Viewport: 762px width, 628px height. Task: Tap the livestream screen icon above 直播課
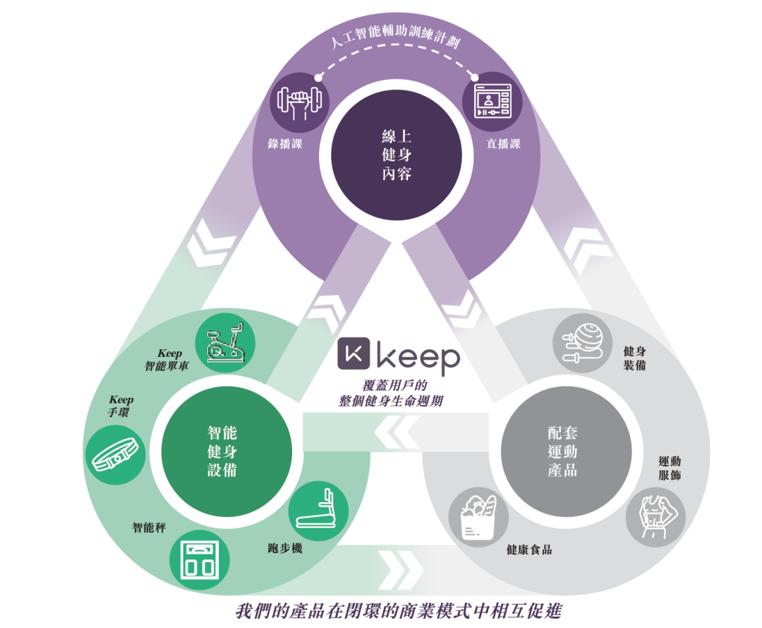coord(491,101)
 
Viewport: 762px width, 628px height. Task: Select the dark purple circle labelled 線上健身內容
coord(396,155)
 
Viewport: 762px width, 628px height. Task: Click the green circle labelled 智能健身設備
coord(226,451)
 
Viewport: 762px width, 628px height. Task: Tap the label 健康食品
coord(529,550)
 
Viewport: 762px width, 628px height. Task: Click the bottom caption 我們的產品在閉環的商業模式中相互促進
coord(399,610)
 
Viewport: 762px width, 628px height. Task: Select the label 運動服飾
coord(670,469)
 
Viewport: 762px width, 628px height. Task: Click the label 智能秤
coord(150,527)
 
